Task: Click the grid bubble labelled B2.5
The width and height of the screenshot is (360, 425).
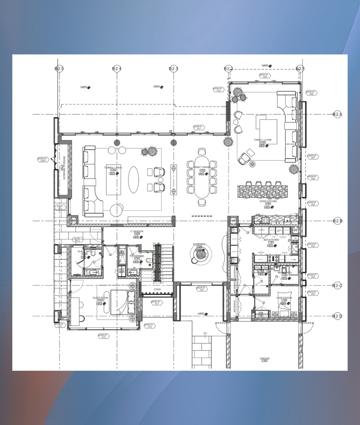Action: [59, 69]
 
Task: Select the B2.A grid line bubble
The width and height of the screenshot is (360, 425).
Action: [337, 114]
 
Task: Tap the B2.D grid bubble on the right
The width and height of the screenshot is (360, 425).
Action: [337, 316]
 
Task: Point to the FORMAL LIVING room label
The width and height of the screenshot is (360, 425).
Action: [113, 168]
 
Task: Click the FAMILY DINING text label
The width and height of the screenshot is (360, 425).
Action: [202, 167]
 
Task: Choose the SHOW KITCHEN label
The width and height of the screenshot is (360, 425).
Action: [268, 201]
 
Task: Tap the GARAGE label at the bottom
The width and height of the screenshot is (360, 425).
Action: [265, 359]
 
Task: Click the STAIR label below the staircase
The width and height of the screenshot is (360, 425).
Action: [157, 289]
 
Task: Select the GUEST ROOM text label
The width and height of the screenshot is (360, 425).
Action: [100, 298]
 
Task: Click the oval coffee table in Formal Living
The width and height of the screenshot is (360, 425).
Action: [134, 179]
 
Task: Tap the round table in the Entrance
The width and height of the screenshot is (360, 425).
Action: [200, 254]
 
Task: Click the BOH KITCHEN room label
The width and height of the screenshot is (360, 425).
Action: [271, 240]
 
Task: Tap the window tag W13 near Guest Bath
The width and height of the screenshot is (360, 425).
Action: [77, 240]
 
